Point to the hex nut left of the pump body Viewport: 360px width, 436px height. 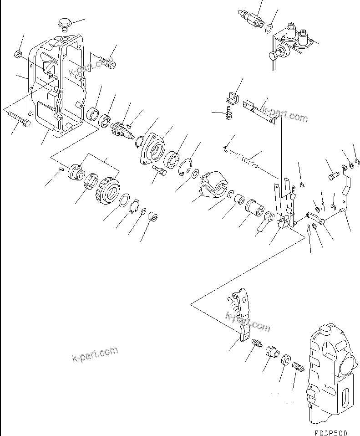click(285, 359)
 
